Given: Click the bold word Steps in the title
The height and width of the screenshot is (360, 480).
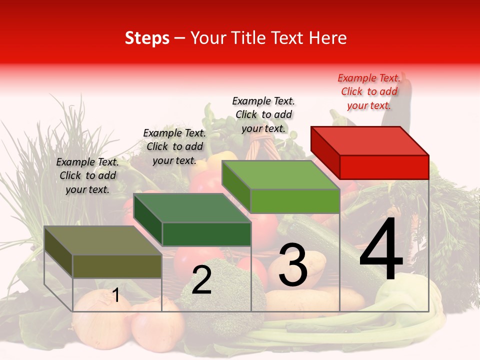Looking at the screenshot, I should [146, 38].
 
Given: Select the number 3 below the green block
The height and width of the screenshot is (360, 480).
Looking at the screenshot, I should [292, 265].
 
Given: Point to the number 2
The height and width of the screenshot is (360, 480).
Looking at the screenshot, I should [201, 280].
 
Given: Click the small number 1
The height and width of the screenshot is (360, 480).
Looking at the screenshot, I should [115, 295].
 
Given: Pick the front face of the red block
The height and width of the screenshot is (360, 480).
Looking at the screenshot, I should [384, 167].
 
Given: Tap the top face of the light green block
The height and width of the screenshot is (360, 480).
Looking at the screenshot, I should [281, 175].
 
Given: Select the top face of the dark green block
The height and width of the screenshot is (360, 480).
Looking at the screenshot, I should [192, 208].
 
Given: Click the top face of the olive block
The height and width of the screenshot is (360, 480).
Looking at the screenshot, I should [103, 240].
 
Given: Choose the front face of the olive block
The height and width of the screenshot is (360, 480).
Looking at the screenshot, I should [117, 266].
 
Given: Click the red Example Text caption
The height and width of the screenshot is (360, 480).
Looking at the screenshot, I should [369, 91].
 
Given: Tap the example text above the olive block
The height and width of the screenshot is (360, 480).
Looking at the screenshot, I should [87, 175].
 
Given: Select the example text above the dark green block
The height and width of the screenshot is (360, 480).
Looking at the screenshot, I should [174, 146].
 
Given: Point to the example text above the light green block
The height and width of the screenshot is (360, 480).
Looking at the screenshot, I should [263, 114].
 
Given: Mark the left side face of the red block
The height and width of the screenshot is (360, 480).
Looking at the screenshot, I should [325, 152].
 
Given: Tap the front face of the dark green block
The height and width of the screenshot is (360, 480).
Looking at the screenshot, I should [206, 234].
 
